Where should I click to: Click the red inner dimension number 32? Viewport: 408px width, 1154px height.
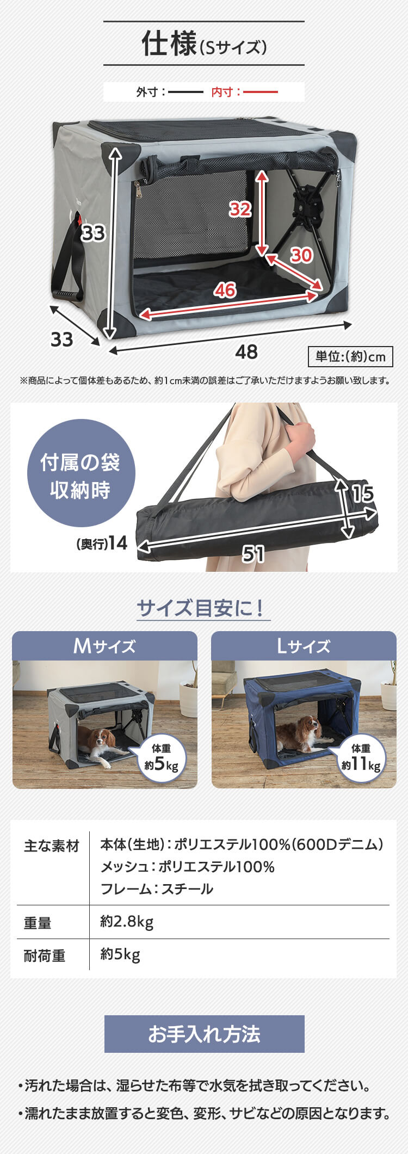[x=240, y=209]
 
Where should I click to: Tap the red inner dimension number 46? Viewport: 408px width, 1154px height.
[x=225, y=290]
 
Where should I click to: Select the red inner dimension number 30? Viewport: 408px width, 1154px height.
[x=301, y=255]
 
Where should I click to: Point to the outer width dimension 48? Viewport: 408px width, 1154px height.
[x=246, y=352]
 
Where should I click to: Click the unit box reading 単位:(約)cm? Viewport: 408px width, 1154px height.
[x=350, y=356]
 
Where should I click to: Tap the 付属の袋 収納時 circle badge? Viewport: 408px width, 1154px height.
[x=81, y=473]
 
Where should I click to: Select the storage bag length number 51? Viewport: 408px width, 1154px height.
[x=254, y=554]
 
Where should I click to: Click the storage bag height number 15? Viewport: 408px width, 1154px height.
[x=362, y=493]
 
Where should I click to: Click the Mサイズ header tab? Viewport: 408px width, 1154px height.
[x=104, y=646]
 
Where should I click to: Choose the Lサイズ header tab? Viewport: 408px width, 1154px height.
[x=304, y=646]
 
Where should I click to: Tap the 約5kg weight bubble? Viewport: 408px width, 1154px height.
[x=162, y=758]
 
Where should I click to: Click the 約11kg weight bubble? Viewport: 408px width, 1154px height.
[x=361, y=758]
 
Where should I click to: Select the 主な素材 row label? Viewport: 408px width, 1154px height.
[x=51, y=846]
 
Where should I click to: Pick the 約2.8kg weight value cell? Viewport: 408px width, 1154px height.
[x=127, y=922]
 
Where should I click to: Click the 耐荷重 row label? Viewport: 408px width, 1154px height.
[x=45, y=955]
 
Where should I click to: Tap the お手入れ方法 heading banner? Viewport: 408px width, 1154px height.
[x=204, y=1034]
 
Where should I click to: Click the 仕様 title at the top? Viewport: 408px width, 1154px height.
[x=169, y=44]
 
